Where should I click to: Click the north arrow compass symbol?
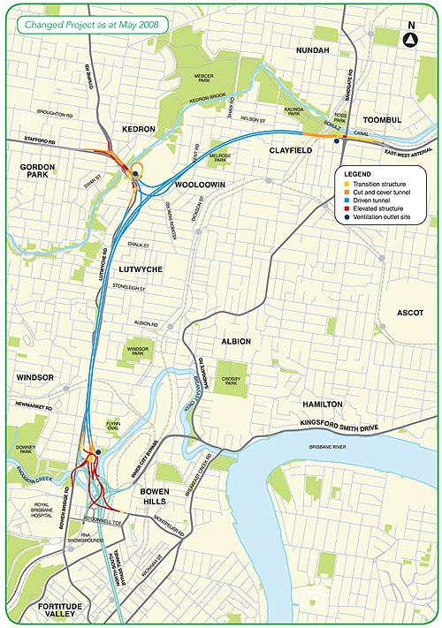coord(410,40)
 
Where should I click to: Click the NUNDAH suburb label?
coord(312,50)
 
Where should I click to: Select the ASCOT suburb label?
coord(410,313)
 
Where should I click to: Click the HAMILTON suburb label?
coord(322,403)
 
